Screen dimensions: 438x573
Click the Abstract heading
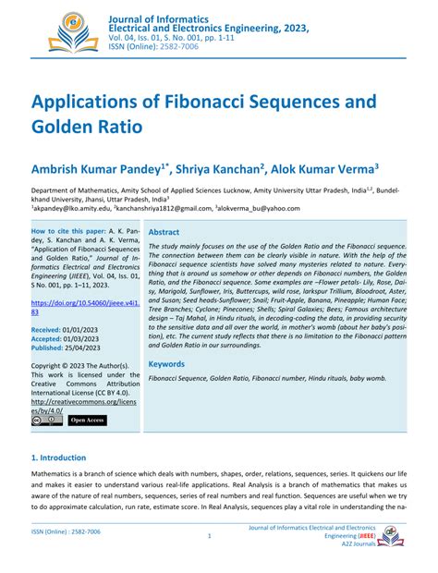(164, 233)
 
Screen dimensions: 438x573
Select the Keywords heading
(167, 364)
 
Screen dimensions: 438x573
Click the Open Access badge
(88, 421)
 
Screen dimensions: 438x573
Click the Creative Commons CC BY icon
(47, 421)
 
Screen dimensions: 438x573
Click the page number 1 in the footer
(210, 536)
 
